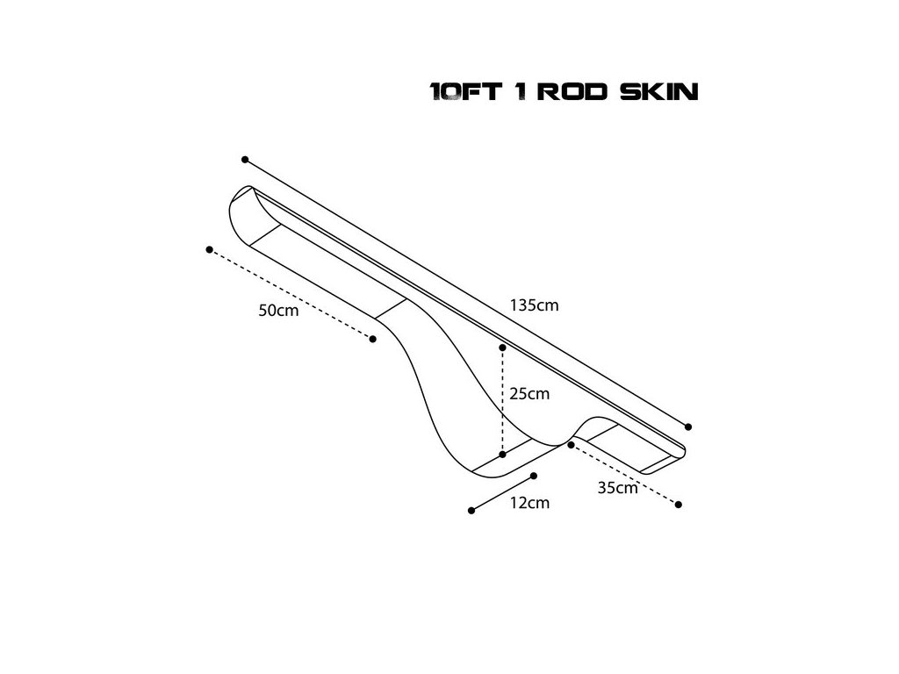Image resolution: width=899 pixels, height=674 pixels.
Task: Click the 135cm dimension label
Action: [x=534, y=306]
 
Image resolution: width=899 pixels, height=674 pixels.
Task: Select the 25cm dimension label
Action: [x=529, y=394]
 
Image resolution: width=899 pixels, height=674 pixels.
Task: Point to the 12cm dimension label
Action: [x=529, y=503]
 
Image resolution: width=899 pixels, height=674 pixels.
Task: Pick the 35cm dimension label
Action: [x=617, y=489]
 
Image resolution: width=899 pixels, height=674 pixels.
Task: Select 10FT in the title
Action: [x=466, y=91]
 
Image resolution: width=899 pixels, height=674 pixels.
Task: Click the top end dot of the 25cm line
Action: [x=502, y=348]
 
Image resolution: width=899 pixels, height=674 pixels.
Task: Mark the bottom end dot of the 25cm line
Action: [x=502, y=455]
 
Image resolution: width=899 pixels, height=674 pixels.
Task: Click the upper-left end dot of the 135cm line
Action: [x=245, y=160]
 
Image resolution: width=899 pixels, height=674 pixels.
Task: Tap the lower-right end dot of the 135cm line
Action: [x=688, y=427]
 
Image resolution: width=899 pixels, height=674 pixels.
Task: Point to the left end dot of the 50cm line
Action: [x=209, y=249]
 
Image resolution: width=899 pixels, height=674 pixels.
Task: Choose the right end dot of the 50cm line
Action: [x=374, y=339]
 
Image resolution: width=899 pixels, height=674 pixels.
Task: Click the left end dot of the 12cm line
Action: [x=471, y=510]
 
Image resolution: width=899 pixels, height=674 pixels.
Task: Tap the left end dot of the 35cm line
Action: [x=571, y=445]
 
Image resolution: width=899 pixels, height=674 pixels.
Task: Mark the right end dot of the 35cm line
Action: [x=680, y=505]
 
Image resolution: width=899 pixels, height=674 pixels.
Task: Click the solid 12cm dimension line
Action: [x=503, y=493]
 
